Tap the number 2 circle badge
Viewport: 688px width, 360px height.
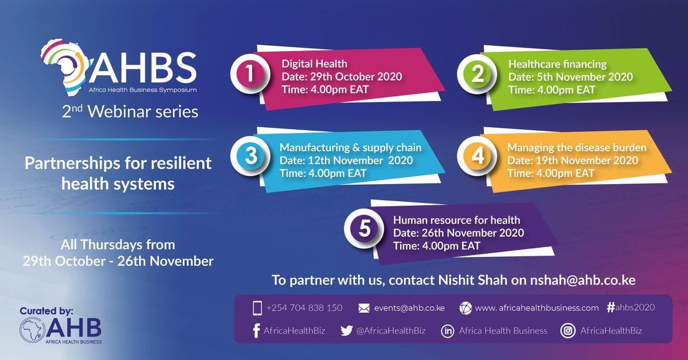click(476, 76)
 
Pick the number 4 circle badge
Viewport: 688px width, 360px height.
click(476, 157)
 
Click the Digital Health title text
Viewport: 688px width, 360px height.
click(314, 64)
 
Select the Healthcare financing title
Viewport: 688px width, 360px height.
click(557, 64)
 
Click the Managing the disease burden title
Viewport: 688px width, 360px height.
click(577, 148)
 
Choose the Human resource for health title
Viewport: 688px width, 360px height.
click(456, 220)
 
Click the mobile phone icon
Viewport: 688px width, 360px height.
click(257, 308)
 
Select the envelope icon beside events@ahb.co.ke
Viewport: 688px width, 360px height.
click(363, 308)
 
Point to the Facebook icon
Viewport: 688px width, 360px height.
click(256, 331)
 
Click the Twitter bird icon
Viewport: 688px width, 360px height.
click(346, 330)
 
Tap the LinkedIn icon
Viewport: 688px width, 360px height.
click(447, 331)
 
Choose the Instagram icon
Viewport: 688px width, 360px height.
click(568, 331)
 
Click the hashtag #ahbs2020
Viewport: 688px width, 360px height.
click(630, 307)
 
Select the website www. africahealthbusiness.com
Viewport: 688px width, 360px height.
click(537, 308)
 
